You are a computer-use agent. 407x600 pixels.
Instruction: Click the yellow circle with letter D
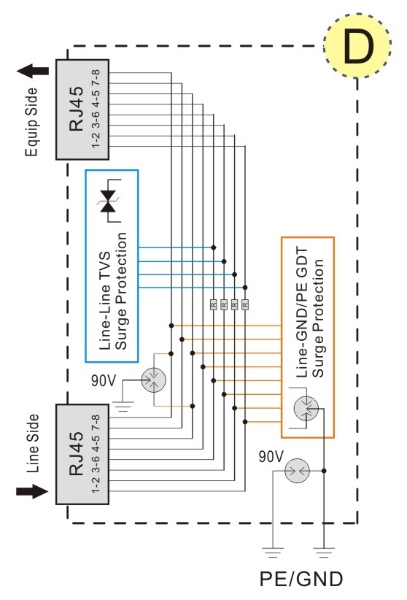coord(357,45)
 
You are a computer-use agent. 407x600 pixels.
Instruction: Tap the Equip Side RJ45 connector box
coord(82,109)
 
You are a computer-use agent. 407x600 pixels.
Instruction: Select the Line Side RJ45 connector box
coord(82,454)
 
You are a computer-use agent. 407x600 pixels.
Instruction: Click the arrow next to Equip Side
coord(33,71)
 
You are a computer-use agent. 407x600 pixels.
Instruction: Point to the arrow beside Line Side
coord(33,491)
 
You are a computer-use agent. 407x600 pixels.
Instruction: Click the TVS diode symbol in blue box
coord(109,201)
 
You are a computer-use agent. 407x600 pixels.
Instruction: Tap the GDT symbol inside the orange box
coord(306,408)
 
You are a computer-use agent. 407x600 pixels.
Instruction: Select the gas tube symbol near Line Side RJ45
coord(154,380)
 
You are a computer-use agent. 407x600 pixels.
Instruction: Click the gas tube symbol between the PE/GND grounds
coord(297,470)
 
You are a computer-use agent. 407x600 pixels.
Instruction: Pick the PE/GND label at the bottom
coord(301,579)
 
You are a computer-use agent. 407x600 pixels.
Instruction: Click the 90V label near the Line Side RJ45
coord(104,380)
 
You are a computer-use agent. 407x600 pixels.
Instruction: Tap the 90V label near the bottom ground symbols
coord(271,456)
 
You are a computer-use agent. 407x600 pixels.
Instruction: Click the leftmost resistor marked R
coord(214,304)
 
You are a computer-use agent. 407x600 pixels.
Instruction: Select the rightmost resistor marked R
coord(245,304)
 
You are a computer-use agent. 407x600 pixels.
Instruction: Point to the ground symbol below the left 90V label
coord(123,406)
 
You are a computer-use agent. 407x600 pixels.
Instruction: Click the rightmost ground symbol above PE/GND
coord(324,553)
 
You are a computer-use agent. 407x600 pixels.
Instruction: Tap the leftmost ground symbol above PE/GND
coord(273,553)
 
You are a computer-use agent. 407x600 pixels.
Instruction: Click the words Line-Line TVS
coord(104,301)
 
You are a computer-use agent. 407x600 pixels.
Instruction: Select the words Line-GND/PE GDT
coord(302,312)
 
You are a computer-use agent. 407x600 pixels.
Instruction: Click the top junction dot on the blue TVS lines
coord(214,247)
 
